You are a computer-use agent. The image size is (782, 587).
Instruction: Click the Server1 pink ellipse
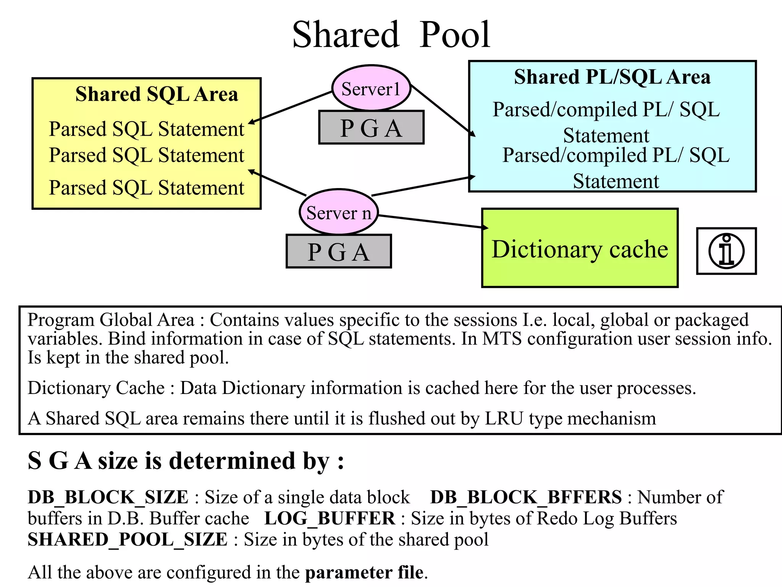click(371, 89)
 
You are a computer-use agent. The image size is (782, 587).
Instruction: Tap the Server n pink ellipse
click(339, 212)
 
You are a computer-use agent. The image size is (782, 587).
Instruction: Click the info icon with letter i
click(726, 251)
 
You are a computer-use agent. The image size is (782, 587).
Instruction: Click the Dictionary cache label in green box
click(580, 249)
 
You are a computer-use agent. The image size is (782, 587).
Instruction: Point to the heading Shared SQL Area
click(157, 94)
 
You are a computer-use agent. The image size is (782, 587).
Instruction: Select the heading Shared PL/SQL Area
click(612, 77)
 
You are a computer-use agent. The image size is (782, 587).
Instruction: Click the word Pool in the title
click(454, 35)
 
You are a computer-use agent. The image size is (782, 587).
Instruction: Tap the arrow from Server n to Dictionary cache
click(431, 222)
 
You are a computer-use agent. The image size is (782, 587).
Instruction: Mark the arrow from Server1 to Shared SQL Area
click(290, 107)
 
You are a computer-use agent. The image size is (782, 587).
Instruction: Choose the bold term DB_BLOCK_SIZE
click(108, 497)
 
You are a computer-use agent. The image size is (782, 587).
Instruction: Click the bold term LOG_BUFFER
click(330, 519)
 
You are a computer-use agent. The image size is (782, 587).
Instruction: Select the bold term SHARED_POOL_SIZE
click(128, 540)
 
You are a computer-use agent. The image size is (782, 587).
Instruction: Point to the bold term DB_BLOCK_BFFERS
click(526, 497)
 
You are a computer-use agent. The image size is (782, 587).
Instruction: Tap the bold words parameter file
click(364, 572)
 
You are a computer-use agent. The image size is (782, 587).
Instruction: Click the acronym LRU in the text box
click(504, 418)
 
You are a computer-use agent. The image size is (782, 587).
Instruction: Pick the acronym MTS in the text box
click(502, 339)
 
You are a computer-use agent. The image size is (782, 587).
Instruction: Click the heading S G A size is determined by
click(186, 461)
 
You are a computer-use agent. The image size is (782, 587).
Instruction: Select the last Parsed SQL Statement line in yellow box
click(146, 188)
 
